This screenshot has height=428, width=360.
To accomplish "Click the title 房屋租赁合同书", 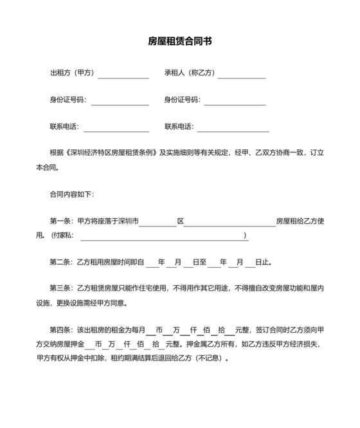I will coord(180,41).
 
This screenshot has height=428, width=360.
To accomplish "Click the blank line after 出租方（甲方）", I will coord(123,75).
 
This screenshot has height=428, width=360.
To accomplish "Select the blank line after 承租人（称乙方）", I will coord(241,75).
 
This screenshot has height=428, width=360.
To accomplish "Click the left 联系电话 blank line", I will coord(116,127).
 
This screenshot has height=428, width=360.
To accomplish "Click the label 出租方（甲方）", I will coord(72,73).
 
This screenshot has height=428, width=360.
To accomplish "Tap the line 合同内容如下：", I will coord(72,194).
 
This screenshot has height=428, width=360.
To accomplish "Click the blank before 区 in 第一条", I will coord(157,223).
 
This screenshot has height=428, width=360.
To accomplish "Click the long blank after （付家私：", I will coord(163,237).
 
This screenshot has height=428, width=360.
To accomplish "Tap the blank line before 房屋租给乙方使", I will coord(230,223).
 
